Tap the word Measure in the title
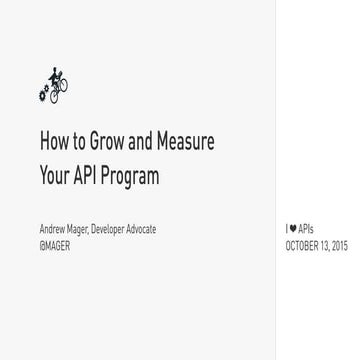[x=185, y=142]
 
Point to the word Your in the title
[x=54, y=176]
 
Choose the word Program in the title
[x=132, y=177]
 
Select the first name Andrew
[x=51, y=229]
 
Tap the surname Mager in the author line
[x=76, y=229]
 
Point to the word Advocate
[x=142, y=229]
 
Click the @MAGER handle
[x=55, y=245]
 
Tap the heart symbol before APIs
[x=292, y=229]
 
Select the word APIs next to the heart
[x=302, y=229]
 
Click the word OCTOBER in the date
[x=303, y=245]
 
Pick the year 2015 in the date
[x=340, y=245]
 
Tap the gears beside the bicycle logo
[x=43, y=94]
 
